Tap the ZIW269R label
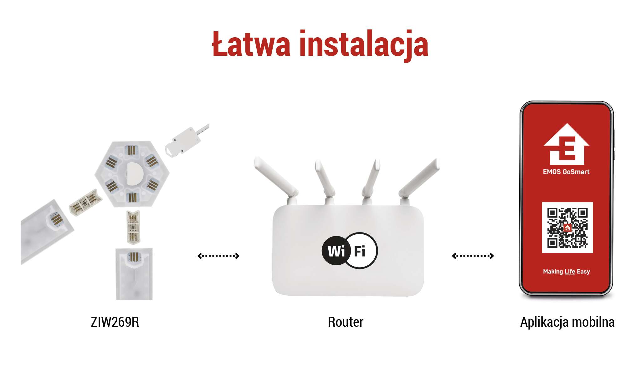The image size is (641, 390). click(115, 322)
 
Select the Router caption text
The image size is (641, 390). click(346, 322)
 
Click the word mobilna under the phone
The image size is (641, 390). click(592, 322)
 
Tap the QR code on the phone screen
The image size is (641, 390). click(567, 227)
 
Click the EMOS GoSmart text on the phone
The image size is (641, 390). click(566, 172)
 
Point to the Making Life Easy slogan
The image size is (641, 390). click(567, 272)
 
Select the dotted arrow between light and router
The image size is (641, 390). click(218, 256)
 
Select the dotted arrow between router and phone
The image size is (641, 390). click(473, 256)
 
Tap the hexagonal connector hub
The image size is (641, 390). click(132, 174)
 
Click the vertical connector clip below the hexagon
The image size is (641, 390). click(133, 227)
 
